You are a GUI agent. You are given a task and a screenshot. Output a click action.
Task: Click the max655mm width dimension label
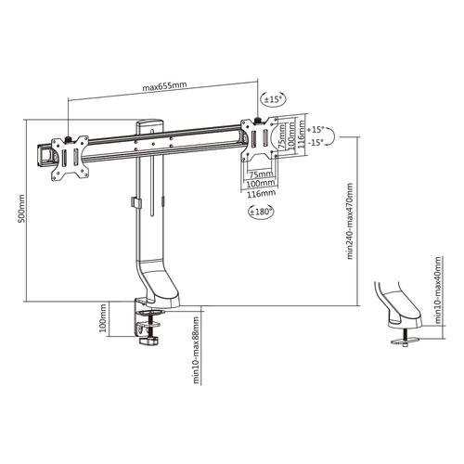click(x=165, y=87)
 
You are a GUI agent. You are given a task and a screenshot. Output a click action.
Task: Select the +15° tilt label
click(x=318, y=130)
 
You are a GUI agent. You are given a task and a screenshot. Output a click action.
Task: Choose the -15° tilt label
click(x=318, y=142)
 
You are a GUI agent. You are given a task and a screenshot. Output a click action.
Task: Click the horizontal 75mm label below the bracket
click(x=262, y=174)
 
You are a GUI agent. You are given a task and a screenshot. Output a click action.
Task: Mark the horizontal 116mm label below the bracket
click(x=262, y=194)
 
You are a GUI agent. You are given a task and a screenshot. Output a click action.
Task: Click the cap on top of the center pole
click(x=149, y=122)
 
